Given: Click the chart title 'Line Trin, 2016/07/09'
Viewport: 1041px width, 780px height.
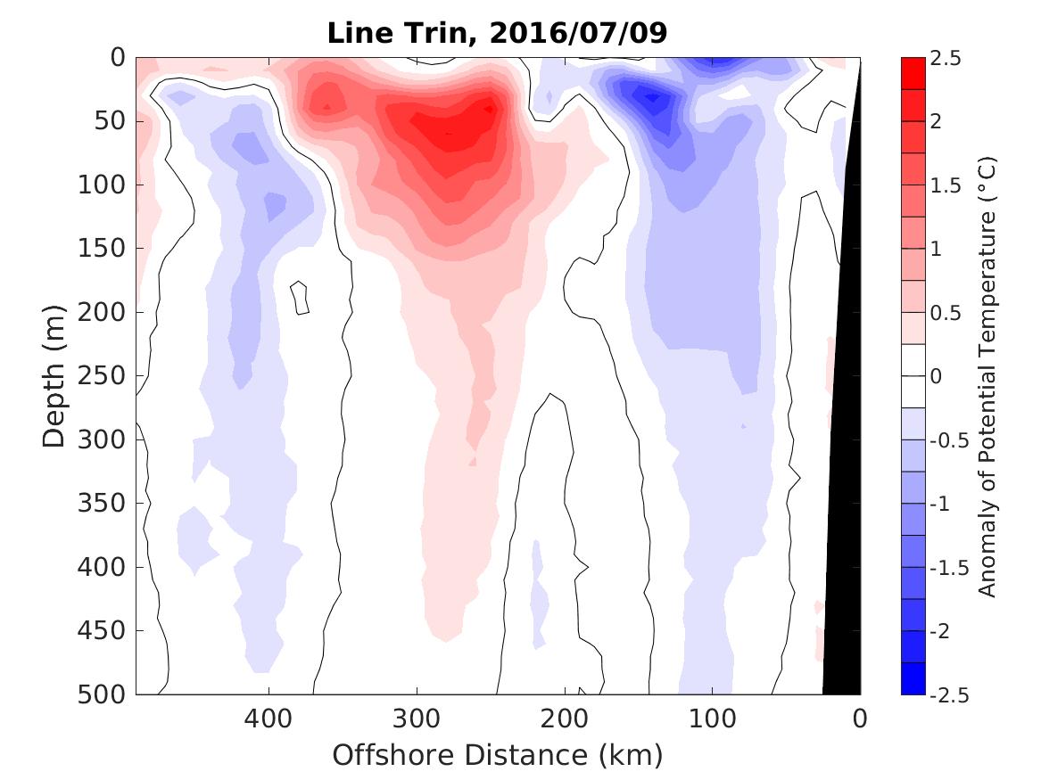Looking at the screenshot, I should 498,33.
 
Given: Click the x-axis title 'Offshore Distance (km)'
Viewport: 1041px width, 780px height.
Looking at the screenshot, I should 498,756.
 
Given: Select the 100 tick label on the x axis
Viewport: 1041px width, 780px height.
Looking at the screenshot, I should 712,718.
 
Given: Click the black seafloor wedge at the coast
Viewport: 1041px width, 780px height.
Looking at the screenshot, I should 843,535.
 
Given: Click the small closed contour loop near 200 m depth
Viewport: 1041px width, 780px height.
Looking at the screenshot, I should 301,298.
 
